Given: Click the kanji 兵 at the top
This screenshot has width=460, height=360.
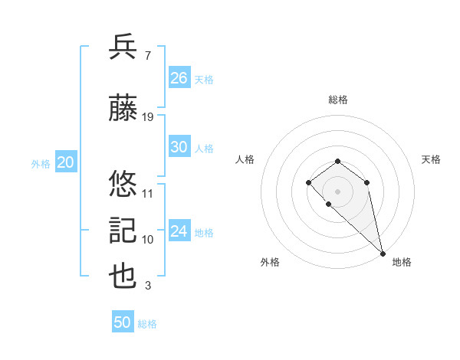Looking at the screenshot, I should point(123,47).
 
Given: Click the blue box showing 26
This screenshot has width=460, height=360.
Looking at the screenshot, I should point(179,78).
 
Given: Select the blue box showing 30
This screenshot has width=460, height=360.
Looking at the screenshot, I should point(179,147).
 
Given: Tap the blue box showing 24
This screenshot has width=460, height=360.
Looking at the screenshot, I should point(179,231).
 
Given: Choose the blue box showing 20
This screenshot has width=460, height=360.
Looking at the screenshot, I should point(65,162).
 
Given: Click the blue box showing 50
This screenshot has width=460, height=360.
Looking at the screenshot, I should point(123,322).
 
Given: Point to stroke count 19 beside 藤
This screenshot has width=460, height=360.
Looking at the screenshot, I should point(148,116).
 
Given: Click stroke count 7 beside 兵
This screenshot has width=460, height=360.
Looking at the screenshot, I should point(146,56).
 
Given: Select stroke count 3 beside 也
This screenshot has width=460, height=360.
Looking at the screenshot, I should point(146,286).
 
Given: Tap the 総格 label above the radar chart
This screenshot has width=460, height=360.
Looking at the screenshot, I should point(338,100).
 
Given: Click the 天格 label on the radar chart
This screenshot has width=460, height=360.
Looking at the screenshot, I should point(431,159).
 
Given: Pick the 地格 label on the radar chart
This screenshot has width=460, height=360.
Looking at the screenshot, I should point(402,262).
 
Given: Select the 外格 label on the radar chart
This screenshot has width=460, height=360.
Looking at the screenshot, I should point(270,262).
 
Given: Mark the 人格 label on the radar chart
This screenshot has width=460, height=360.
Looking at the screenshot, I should point(245,159).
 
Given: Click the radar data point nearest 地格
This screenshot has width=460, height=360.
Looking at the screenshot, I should point(383,254).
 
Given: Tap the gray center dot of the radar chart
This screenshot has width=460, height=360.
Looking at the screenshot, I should point(338,191).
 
